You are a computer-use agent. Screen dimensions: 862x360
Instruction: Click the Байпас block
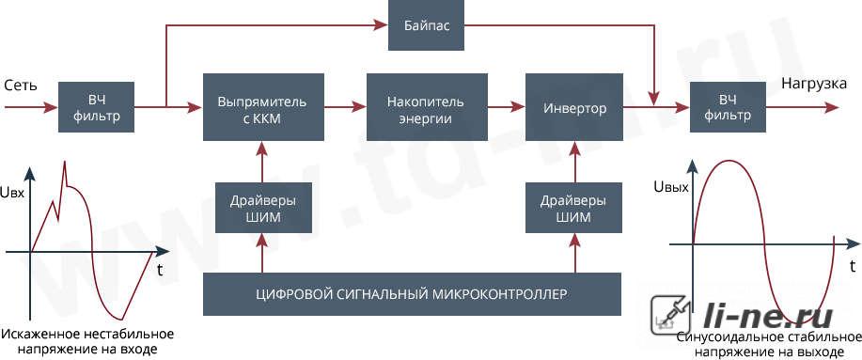point(426,25)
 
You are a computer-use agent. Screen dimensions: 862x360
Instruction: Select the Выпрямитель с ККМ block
point(263,107)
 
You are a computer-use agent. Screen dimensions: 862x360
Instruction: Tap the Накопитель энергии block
point(427,107)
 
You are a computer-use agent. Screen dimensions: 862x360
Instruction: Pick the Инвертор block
point(574,107)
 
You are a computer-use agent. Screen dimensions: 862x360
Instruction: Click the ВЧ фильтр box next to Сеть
point(96,107)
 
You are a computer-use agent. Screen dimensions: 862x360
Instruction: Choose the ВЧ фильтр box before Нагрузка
point(728,107)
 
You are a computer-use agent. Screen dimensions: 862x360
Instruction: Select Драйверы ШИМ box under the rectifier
point(263,208)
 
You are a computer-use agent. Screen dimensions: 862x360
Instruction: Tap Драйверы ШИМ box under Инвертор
point(574,208)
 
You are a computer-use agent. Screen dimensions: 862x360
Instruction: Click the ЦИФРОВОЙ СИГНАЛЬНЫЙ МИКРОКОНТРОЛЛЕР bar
point(412,294)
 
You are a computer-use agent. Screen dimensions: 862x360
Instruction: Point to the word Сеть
point(20,86)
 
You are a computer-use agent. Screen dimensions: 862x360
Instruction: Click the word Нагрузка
point(814,84)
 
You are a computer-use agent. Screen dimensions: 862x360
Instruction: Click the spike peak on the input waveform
point(65,161)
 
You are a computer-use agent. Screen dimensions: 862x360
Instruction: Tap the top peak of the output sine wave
point(729,161)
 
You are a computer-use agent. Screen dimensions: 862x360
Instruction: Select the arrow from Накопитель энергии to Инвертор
point(507,107)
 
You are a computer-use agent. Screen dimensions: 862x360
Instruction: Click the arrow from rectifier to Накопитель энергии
point(345,107)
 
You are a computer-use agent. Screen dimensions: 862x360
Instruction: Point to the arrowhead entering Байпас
point(383,24)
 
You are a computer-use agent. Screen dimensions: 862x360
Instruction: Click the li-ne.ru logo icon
point(666,316)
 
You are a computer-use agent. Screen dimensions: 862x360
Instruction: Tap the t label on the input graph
point(159,270)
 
